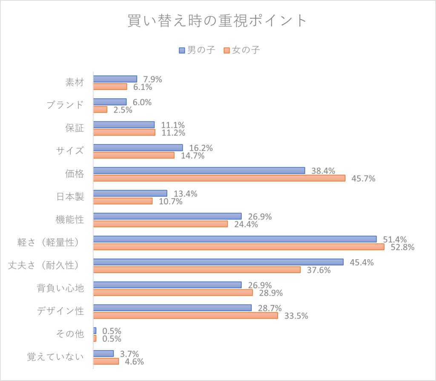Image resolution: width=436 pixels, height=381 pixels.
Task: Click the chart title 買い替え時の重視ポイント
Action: point(218,20)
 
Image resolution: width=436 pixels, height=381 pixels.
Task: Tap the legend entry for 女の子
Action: point(241,50)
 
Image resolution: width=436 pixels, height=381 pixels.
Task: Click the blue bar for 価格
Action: point(199,170)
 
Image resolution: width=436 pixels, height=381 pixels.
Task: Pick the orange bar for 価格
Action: point(219,178)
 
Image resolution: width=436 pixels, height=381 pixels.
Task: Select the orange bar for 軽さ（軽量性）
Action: point(238,247)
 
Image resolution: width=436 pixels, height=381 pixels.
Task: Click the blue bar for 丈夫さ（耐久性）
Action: point(218,262)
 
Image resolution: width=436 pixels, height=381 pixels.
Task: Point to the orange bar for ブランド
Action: point(100,110)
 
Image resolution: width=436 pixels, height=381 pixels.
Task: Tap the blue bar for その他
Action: point(95,331)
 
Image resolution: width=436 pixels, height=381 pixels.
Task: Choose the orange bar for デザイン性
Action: point(185,315)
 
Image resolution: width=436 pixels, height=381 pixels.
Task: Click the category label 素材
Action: point(75,83)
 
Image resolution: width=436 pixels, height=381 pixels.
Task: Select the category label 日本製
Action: point(70,197)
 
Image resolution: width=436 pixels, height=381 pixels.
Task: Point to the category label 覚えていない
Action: point(55,357)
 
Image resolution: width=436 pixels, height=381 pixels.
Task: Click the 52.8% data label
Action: point(402,247)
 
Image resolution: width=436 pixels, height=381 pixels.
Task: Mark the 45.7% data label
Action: point(363,179)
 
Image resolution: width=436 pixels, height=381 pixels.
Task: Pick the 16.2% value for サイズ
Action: point(201,148)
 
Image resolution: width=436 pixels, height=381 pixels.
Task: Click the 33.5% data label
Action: point(296,316)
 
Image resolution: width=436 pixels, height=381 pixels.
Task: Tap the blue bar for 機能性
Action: point(167,216)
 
